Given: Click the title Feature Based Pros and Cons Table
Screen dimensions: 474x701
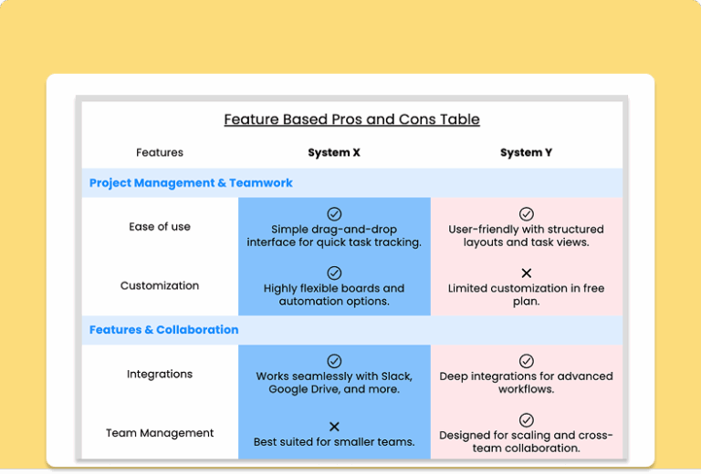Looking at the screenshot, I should (x=351, y=119).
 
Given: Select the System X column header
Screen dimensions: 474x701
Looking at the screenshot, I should (x=334, y=153).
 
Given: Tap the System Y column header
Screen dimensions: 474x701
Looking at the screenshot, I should (x=526, y=153).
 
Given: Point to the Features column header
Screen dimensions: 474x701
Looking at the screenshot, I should (x=160, y=153).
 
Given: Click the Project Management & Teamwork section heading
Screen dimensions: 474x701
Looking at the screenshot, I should (x=191, y=183).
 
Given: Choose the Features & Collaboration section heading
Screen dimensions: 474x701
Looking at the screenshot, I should (x=163, y=330).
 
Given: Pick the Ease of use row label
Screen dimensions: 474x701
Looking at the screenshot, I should (x=160, y=227).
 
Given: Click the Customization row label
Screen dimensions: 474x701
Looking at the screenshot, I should (x=160, y=285).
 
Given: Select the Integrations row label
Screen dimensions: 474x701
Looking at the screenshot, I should (x=160, y=374).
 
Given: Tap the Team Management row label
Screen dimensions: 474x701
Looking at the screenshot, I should (x=160, y=433).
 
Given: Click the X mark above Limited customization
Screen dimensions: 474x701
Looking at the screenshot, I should (x=527, y=273).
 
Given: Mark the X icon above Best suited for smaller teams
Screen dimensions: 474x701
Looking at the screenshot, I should (x=334, y=427).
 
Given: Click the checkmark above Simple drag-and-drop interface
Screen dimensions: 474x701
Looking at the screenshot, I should (x=334, y=214).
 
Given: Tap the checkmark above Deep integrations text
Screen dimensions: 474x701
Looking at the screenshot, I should (x=527, y=361).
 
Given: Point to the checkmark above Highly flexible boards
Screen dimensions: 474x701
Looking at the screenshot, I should (x=334, y=273).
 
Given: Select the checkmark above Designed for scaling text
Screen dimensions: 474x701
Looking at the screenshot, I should (x=527, y=420).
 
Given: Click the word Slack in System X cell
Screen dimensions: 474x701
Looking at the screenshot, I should (x=394, y=376).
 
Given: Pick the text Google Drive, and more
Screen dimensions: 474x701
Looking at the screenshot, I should (x=334, y=390).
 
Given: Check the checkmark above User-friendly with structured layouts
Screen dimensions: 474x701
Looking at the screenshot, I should (x=527, y=214).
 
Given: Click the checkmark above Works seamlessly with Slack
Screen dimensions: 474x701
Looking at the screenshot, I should (x=334, y=361).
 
